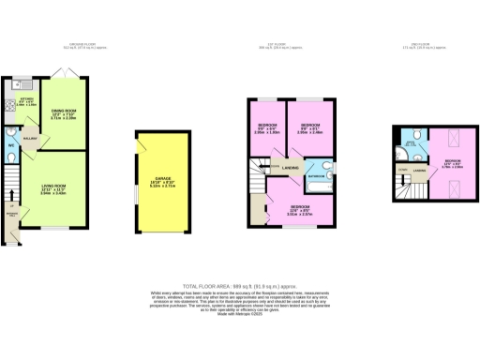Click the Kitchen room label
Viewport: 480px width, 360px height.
25,102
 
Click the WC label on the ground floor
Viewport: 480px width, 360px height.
9,145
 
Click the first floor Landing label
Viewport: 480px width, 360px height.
292,168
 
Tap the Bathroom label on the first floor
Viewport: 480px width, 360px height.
316,175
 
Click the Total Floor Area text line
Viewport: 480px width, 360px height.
239,283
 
